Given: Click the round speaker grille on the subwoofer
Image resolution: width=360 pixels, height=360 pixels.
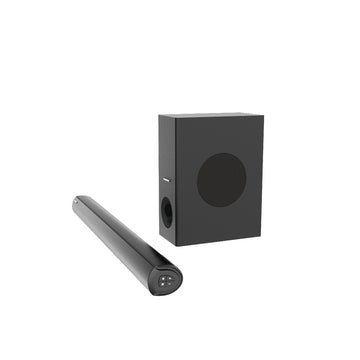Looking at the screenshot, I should click(221, 179).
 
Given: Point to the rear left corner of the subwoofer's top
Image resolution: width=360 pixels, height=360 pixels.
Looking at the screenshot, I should click(158, 112).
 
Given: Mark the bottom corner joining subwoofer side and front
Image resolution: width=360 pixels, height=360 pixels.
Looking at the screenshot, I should click(176, 244).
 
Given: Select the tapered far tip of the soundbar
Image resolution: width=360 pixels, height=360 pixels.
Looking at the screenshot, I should click(74, 202).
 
